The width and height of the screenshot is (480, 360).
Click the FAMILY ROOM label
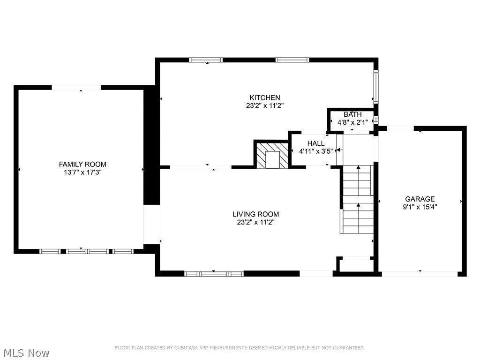82,164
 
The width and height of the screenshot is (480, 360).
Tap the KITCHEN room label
265,97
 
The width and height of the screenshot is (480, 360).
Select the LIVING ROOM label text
255,214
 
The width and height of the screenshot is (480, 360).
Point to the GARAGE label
420,199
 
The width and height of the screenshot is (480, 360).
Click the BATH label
352,114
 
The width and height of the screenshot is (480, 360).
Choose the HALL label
315,143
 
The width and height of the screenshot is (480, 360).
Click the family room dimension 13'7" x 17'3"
82,172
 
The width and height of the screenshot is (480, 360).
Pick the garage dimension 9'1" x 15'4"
420,206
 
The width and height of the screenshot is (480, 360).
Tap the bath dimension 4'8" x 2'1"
352,122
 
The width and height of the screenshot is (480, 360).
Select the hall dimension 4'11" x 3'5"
315,151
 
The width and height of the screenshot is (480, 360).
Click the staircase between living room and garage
358,199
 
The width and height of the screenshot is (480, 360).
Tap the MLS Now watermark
26,352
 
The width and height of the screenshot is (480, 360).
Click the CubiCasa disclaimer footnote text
240,348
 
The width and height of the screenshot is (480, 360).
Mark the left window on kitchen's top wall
206,60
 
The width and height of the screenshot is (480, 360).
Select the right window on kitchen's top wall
292,60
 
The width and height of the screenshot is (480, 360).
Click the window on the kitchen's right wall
375,86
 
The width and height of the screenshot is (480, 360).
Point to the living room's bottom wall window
214,274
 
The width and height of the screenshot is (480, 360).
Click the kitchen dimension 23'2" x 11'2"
265,105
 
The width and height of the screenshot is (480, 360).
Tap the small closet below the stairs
356,264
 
